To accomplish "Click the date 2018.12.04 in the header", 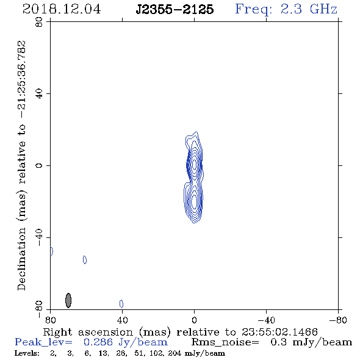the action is [x=62, y=9].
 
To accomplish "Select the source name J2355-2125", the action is [x=175, y=9].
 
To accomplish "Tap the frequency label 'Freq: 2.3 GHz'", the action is [x=286, y=9].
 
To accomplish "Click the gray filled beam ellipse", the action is [x=68, y=300].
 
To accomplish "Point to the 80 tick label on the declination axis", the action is [x=39, y=22].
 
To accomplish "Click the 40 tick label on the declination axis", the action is [x=39, y=94].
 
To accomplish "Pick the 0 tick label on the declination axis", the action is [x=39, y=165].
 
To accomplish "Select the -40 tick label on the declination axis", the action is [x=39, y=237].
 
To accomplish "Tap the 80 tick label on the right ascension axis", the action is [x=50, y=320].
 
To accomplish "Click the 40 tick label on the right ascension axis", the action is [x=123, y=320].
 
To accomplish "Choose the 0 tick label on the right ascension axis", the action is [x=194, y=320].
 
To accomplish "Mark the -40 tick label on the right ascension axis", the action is [x=266, y=320].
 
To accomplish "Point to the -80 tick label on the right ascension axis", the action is [x=338, y=320].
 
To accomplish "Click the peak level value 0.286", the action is [x=98, y=342].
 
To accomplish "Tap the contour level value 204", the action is [x=175, y=353].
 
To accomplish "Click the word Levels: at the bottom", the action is [x=27, y=353].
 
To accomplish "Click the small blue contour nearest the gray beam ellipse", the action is [x=85, y=260].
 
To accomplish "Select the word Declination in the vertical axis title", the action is [x=21, y=259].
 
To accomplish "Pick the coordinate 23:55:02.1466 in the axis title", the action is [x=279, y=332].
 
